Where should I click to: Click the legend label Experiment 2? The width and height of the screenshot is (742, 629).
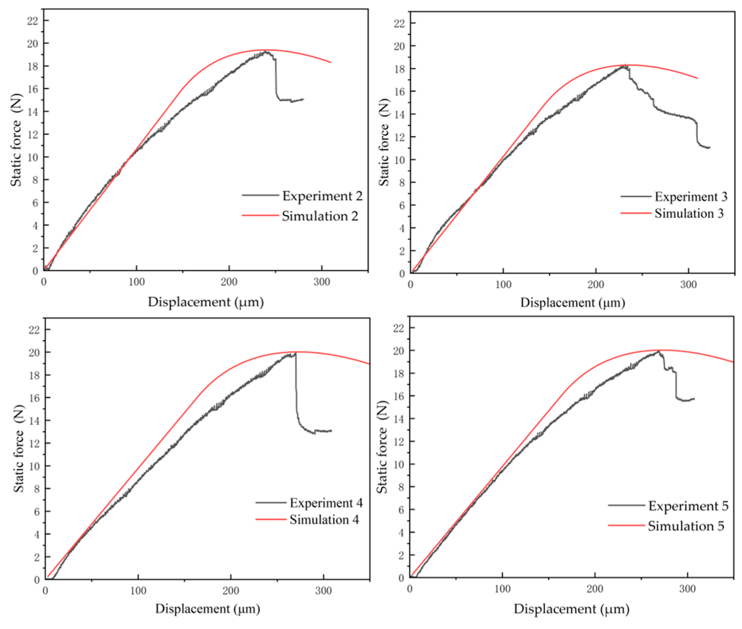tap(322, 196)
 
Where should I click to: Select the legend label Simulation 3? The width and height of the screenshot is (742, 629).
tap(689, 213)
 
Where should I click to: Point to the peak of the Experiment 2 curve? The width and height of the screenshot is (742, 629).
tap(265, 52)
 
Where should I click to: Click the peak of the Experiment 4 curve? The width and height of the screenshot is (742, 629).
tap(295, 353)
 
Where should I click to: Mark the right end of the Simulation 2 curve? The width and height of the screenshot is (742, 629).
tap(331, 62)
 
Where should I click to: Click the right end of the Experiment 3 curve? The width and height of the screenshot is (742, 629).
tap(710, 147)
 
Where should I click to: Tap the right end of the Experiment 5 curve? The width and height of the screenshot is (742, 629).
tap(694, 399)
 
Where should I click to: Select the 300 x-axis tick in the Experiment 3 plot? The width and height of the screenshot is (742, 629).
tap(688, 285)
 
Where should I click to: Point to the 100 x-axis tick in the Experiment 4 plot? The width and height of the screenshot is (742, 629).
tap(138, 591)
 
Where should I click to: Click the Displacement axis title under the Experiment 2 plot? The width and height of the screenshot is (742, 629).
tap(206, 302)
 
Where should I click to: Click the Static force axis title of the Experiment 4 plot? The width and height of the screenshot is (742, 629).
tap(18, 449)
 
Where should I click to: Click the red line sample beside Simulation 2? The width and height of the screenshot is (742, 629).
tap(260, 215)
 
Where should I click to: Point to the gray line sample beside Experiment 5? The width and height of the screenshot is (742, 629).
tap(626, 505)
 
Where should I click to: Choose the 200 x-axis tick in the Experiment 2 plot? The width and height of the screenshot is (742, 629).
tap(229, 282)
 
